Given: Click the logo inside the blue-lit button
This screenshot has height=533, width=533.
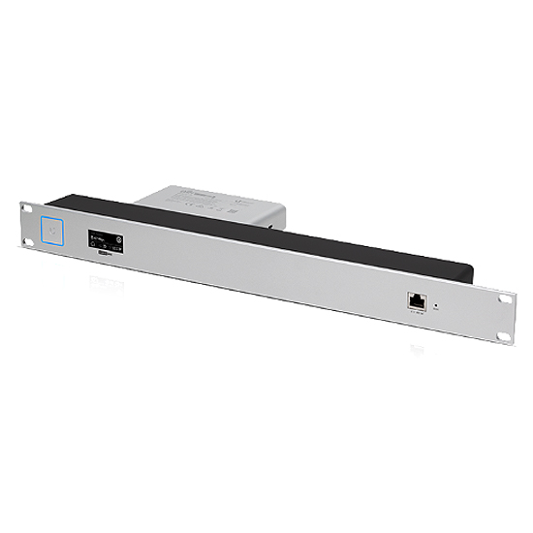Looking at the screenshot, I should [x=50, y=230].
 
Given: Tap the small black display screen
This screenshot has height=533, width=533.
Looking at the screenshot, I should [x=105, y=241].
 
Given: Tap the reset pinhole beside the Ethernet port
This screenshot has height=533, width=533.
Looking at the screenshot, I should [x=435, y=307].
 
